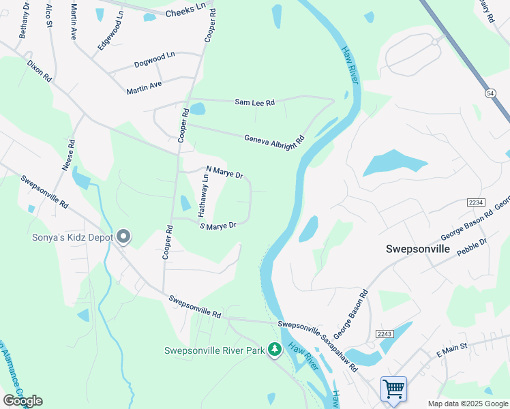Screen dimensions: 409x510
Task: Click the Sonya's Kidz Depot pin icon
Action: [123, 237]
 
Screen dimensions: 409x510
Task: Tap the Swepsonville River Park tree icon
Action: [275, 350]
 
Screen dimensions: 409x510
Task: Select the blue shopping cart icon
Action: [393, 389]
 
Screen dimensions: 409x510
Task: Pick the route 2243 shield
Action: [383, 332]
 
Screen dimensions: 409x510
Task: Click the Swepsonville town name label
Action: [417, 249]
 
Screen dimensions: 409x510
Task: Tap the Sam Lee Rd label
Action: [254, 102]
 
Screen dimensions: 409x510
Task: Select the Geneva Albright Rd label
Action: [274, 139]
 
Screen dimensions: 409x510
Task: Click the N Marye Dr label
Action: [224, 171]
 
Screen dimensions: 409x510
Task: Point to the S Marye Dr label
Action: [217, 226]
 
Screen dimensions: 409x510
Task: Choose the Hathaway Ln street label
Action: [203, 196]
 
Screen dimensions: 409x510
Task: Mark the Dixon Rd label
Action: [39, 70]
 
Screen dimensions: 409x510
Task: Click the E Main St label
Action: [451, 350]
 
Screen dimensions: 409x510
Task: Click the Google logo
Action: [22, 400]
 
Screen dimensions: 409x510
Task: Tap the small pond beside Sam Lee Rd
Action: [197, 109]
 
